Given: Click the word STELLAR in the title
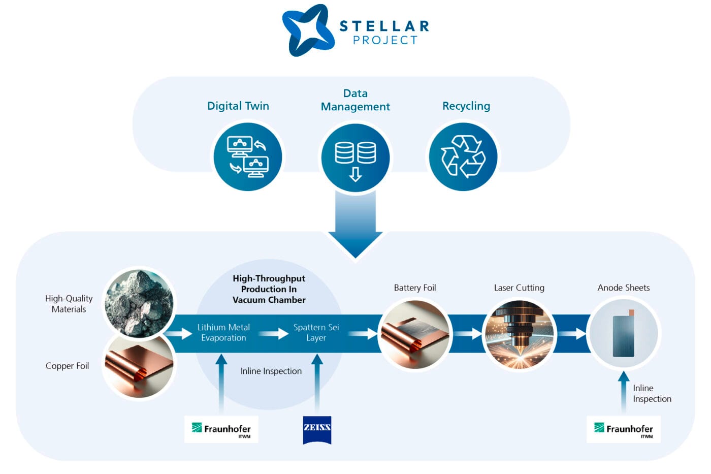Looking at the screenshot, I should click(x=384, y=26).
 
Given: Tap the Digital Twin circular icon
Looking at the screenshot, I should click(x=248, y=156).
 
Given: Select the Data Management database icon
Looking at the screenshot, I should click(x=355, y=157).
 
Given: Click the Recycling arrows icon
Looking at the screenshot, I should click(x=463, y=156).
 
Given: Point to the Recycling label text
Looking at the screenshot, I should click(x=466, y=106).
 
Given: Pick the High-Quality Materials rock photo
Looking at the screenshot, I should click(x=139, y=304).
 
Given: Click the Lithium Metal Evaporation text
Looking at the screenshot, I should click(x=223, y=333).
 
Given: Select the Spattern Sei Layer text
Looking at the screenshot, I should click(x=316, y=333).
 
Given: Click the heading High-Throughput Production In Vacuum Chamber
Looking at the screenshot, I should click(x=269, y=289).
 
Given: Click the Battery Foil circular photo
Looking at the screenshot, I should click(x=415, y=334).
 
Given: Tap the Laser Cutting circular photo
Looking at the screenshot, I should click(x=519, y=334).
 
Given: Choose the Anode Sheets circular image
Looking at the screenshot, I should click(x=624, y=334).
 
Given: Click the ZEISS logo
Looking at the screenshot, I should click(x=317, y=430).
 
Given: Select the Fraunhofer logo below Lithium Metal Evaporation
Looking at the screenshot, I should click(x=221, y=429).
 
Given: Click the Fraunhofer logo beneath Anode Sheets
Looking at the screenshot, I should click(x=624, y=429).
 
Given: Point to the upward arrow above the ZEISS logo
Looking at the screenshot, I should click(x=317, y=381).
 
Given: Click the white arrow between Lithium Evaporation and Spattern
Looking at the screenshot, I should click(x=273, y=334).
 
